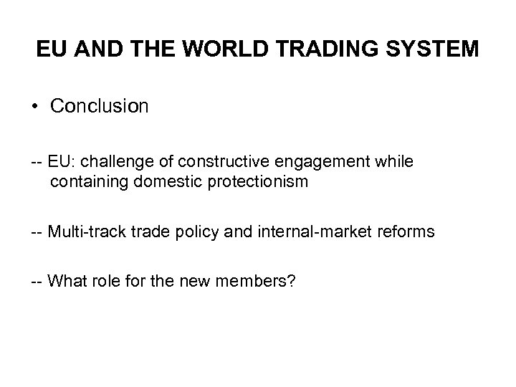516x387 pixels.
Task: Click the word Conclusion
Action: click(100, 107)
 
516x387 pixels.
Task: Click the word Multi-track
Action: click(83, 231)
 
